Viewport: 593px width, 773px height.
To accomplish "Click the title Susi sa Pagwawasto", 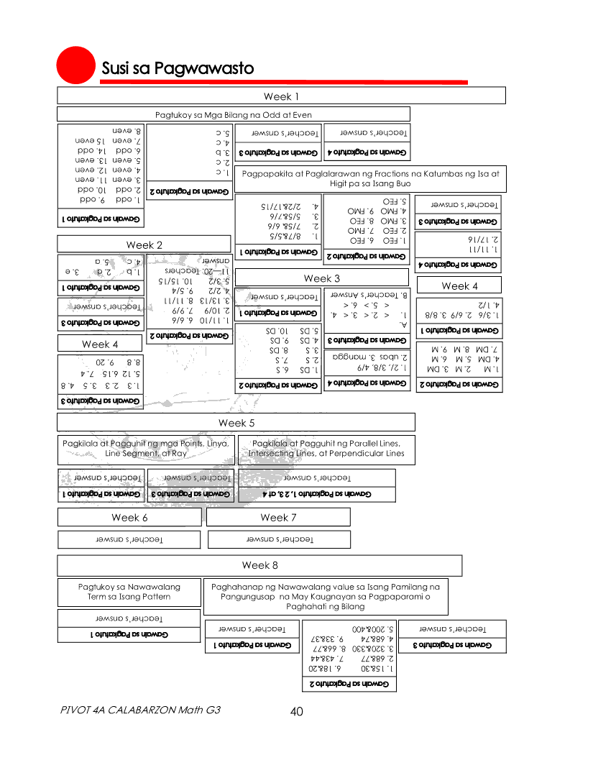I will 178,69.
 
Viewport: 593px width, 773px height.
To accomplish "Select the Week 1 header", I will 281,96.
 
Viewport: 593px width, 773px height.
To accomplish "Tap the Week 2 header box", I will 144,244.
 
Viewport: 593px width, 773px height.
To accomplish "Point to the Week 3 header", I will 321,278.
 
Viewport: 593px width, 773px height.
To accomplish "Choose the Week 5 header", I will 236,423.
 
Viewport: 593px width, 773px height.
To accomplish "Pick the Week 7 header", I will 278,517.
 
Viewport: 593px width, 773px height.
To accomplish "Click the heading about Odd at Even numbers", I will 234,114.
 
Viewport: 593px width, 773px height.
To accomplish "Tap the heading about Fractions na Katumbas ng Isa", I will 370,178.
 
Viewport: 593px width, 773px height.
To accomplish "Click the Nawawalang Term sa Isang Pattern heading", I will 129,592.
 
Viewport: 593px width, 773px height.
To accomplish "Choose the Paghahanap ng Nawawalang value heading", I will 326,596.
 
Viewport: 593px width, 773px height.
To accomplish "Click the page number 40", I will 296,712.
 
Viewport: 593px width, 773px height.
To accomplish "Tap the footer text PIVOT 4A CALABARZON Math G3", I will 141,710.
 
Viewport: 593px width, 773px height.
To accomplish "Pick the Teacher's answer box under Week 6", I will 129,539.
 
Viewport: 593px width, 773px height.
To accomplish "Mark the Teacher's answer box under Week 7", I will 279,539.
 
